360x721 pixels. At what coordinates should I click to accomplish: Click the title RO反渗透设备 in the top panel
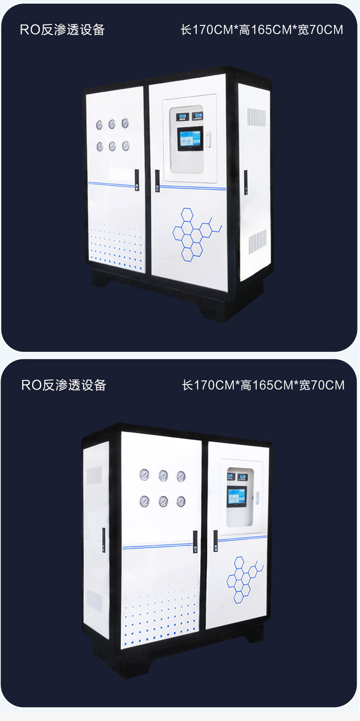click(x=62, y=30)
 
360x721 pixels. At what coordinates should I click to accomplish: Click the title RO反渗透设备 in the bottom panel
click(x=63, y=385)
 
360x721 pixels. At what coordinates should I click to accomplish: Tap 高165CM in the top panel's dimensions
click(x=264, y=30)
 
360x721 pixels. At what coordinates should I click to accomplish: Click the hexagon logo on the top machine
click(x=196, y=234)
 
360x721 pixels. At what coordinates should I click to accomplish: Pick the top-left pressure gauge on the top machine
click(x=99, y=125)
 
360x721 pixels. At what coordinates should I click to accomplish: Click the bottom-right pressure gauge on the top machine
click(x=126, y=145)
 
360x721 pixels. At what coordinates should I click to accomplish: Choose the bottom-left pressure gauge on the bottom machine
click(x=144, y=502)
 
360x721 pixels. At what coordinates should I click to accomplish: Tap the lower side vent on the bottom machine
click(x=94, y=601)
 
